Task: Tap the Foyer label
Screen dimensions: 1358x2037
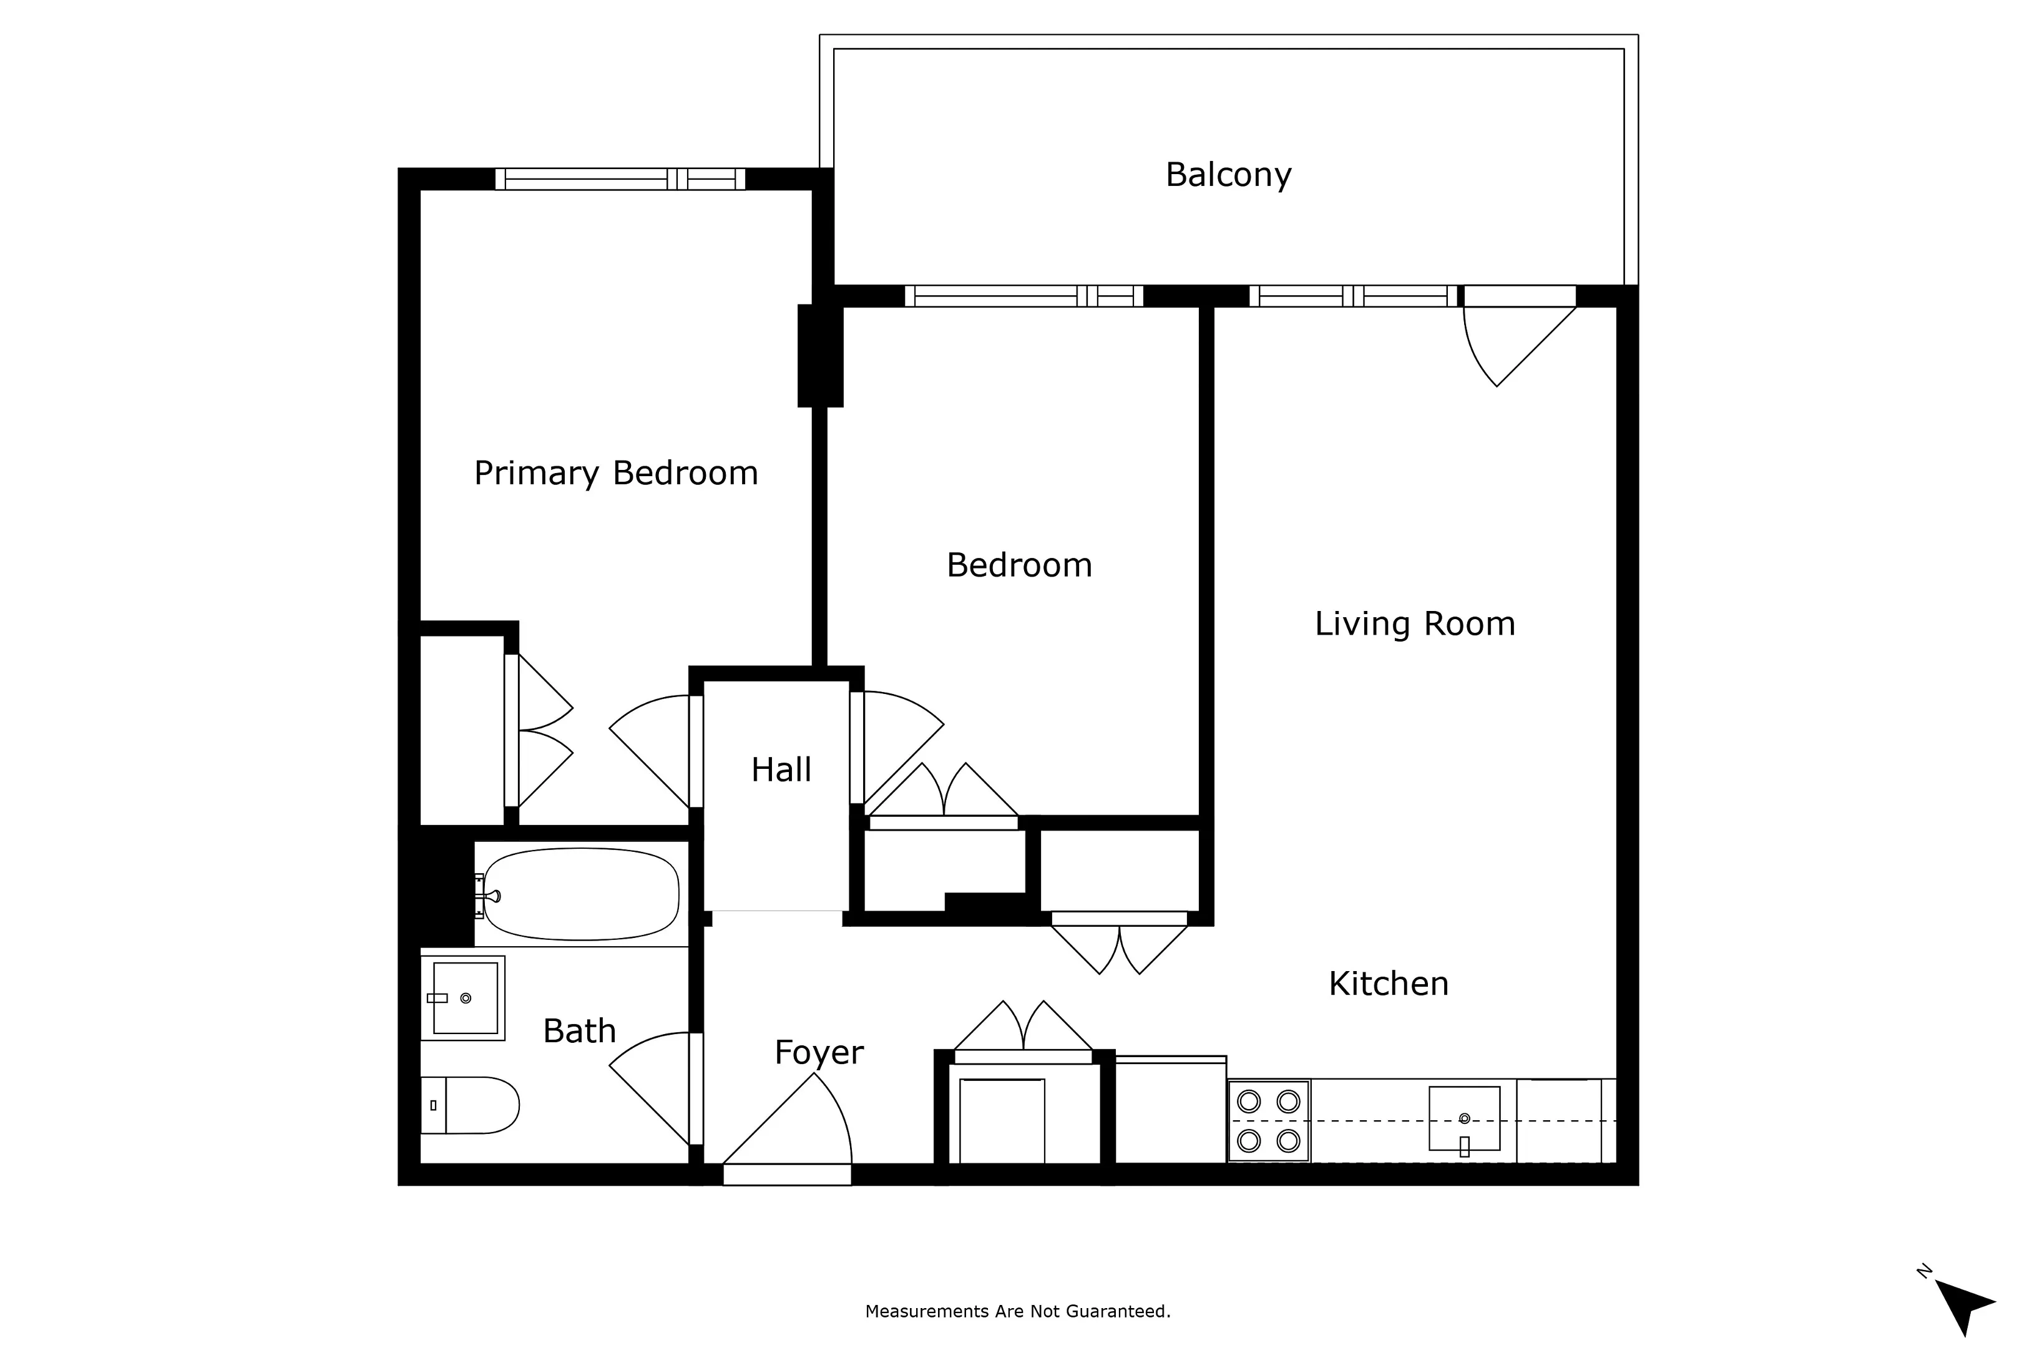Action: click(818, 1052)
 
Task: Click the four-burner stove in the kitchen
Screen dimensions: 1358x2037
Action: click(1268, 1121)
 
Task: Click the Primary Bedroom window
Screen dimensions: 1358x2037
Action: click(619, 179)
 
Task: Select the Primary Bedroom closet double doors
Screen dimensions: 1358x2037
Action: click(541, 731)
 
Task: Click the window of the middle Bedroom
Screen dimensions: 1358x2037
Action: click(1023, 296)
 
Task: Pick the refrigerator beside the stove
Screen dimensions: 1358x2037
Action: click(1169, 1110)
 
